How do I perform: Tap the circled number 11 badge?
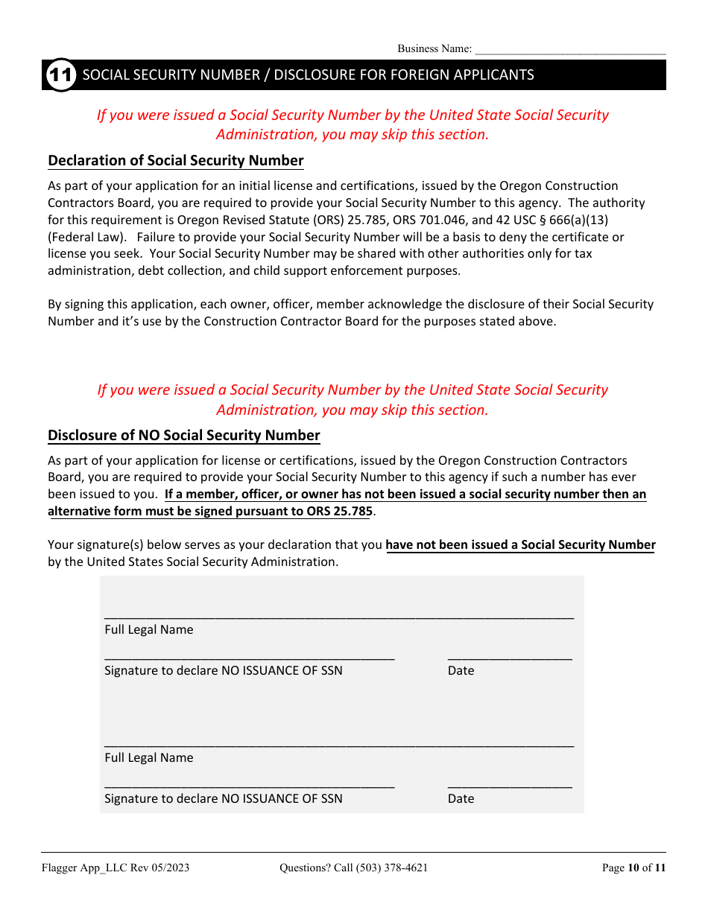tap(61, 75)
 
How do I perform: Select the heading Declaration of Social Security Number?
tap(176, 161)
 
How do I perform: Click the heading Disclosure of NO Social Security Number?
tap(184, 436)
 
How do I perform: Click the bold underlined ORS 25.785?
tap(339, 512)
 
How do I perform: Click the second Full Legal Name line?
tap(339, 745)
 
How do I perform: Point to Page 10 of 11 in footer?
tap(633, 868)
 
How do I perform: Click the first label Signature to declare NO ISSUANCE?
tap(224, 671)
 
